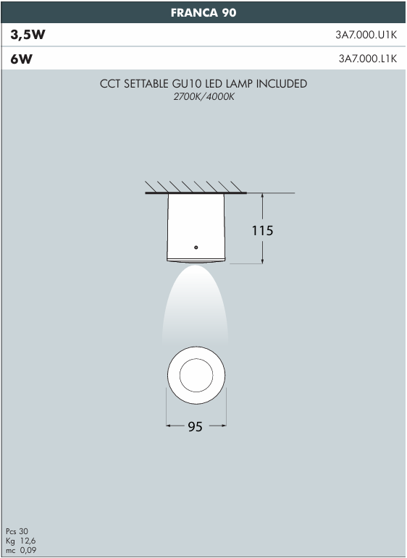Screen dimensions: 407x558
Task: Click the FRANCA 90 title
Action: [x=204, y=13]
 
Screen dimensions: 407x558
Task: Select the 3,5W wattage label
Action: [x=28, y=35]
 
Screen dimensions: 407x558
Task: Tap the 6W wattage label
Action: [x=22, y=59]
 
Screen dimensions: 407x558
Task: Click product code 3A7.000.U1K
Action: [x=366, y=35]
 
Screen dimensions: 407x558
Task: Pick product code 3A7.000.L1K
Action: [x=368, y=59]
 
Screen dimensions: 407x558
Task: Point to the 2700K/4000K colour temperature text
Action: [x=204, y=96]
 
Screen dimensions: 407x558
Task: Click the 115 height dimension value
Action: [x=262, y=231]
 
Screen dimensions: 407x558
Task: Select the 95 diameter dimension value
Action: [x=195, y=426]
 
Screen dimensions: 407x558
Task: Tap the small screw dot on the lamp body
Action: [x=196, y=248]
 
